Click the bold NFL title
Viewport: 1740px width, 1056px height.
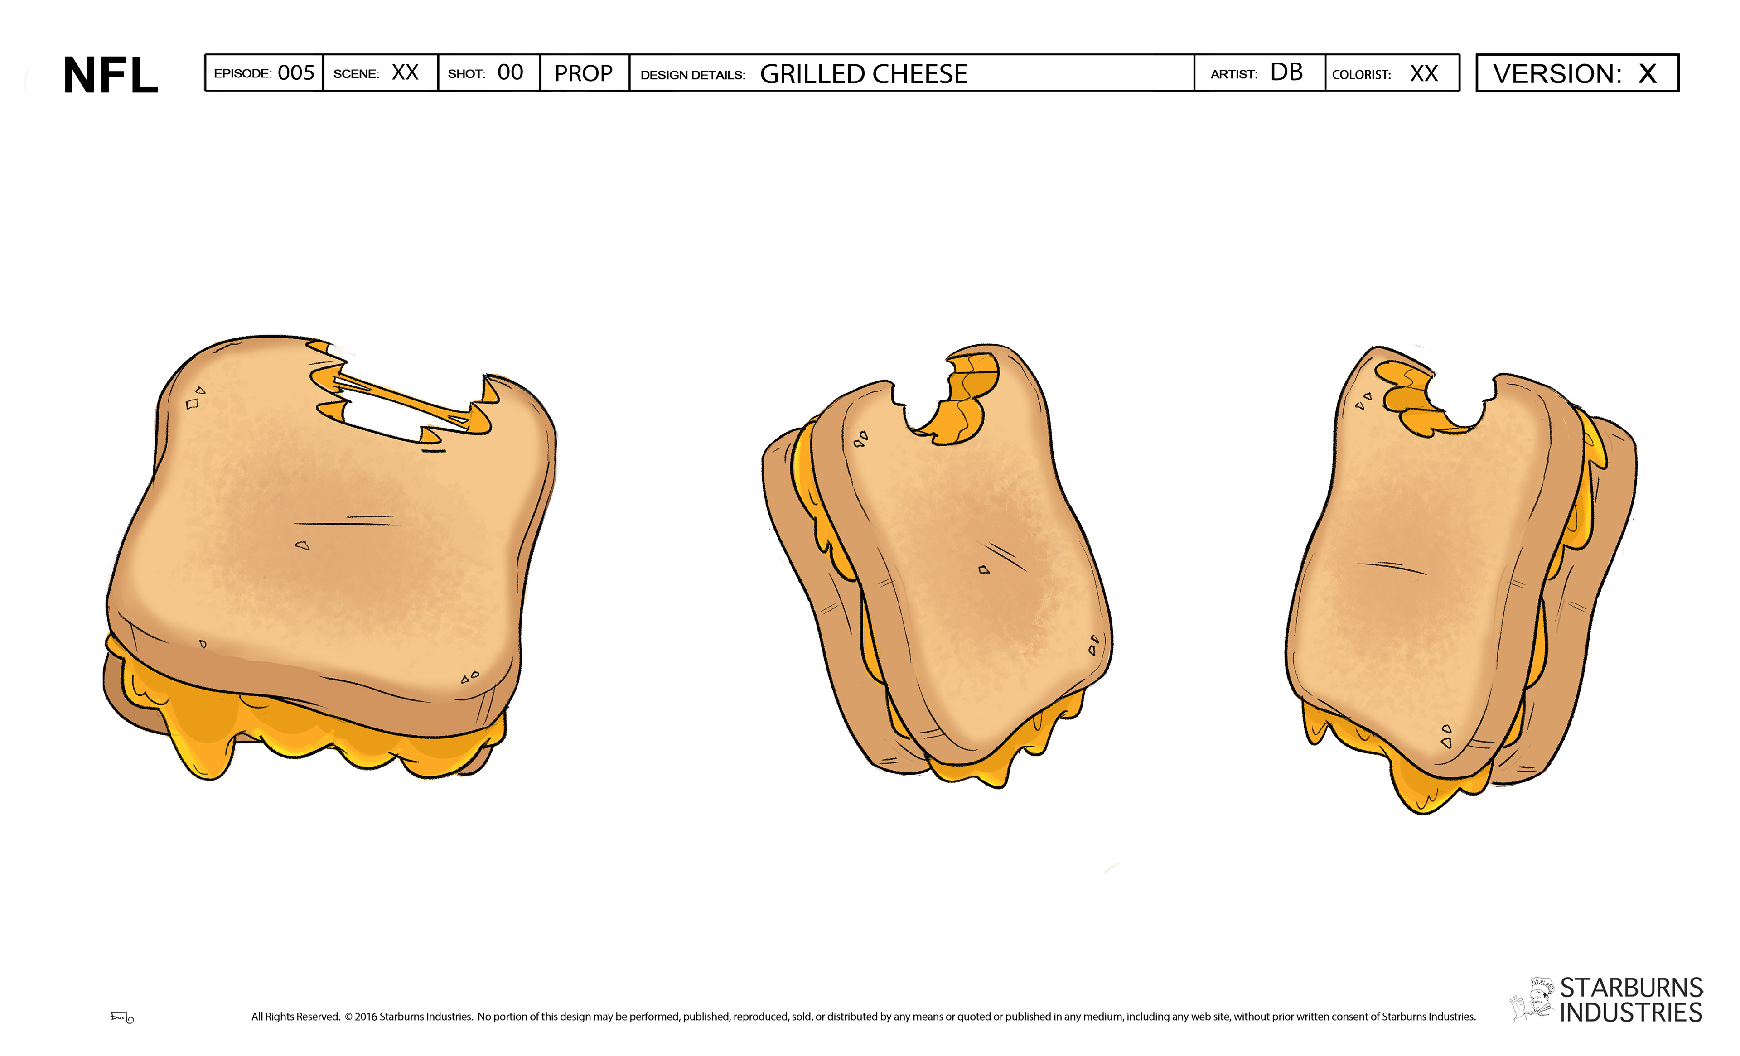click(x=111, y=75)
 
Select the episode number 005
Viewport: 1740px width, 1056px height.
click(x=296, y=72)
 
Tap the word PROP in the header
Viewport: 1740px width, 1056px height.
click(x=583, y=73)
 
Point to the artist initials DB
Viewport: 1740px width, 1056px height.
click(x=1286, y=72)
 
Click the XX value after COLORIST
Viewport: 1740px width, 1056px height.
click(x=1424, y=73)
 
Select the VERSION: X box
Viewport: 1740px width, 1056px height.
click(x=1577, y=72)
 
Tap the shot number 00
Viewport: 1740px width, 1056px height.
click(x=510, y=72)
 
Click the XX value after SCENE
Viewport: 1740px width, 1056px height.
click(x=406, y=72)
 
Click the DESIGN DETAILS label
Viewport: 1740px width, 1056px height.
click(x=693, y=75)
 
